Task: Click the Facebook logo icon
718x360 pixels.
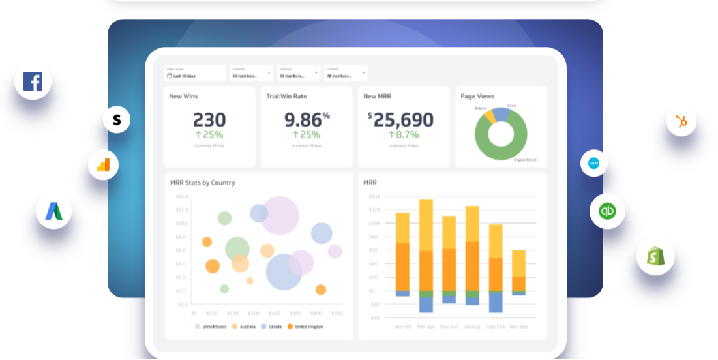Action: click(33, 82)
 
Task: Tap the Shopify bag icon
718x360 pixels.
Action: click(655, 256)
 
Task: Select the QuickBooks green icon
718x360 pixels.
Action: click(607, 211)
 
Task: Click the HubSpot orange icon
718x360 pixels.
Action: click(681, 121)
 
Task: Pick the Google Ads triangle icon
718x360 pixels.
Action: click(53, 211)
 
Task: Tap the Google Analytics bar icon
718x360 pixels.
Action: click(103, 165)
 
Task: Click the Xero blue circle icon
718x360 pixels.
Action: click(593, 163)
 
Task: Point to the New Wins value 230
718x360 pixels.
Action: click(209, 120)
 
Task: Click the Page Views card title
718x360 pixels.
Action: click(477, 97)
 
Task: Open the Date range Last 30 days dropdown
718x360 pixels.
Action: click(195, 73)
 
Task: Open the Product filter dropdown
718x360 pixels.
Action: click(346, 73)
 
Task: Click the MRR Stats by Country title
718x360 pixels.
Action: click(203, 183)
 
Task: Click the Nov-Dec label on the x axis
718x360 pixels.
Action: click(518, 326)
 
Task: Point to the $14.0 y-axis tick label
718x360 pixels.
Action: click(181, 196)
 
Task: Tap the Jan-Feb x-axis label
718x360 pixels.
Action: click(402, 326)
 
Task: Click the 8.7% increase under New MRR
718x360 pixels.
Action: click(403, 135)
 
